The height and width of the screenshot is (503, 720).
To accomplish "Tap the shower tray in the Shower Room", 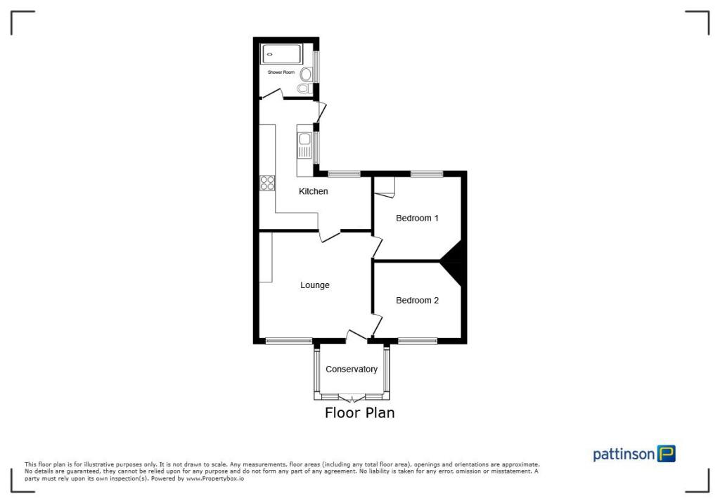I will tap(281, 53).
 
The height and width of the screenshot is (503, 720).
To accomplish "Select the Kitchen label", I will tap(314, 191).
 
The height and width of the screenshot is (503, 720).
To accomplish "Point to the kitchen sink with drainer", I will tap(304, 145).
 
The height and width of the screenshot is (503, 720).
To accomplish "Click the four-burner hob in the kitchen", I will tap(267, 183).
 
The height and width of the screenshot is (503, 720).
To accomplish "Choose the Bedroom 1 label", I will tap(417, 218).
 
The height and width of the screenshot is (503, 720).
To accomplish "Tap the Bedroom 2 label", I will tap(417, 300).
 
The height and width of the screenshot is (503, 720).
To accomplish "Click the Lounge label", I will tap(315, 285).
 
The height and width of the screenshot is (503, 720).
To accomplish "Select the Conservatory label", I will tap(352, 369).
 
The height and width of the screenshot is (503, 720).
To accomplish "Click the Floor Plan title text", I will tap(359, 413).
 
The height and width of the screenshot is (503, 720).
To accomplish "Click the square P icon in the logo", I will tap(666, 454).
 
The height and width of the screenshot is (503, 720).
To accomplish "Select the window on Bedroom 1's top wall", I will tap(427, 174).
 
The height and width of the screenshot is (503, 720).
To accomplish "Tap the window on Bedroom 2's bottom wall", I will tap(418, 341).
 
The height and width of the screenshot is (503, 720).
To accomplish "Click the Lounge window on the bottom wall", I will tap(288, 341).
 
